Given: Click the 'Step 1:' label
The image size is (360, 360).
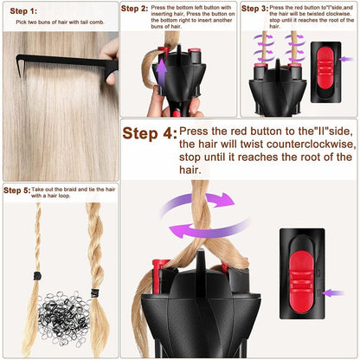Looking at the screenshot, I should (23, 11).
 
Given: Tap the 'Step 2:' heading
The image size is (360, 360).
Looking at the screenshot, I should (133, 9).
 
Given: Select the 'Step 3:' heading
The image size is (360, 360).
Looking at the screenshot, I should (254, 9).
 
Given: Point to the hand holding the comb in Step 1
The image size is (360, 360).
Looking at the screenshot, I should (109, 59).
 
